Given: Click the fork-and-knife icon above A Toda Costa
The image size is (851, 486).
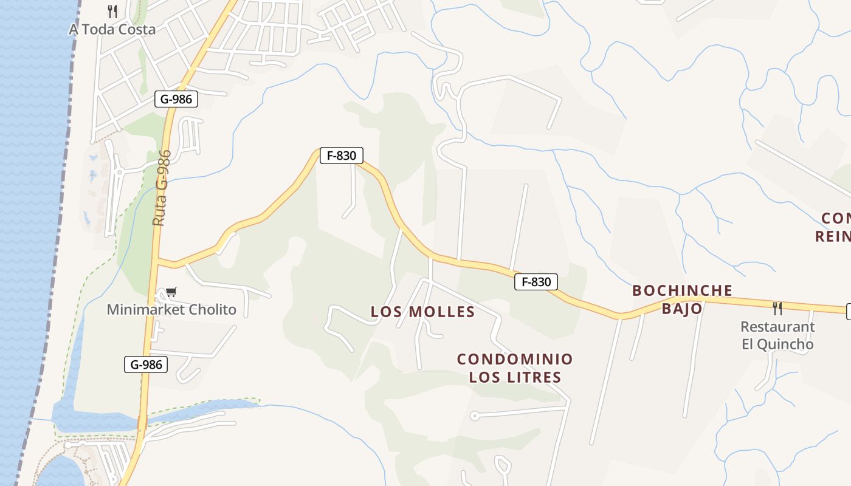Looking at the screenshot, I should coord(112,11).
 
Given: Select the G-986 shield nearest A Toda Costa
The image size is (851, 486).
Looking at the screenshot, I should coord(176,99).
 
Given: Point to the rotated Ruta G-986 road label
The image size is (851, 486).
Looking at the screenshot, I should coord(161,188).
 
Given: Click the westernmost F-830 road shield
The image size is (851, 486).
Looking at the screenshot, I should coord(341,156).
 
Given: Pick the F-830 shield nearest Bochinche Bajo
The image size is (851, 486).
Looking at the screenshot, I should coord(536,282).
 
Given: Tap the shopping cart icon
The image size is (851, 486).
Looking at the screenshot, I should coord(171,292).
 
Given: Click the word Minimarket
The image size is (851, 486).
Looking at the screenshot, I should coord(145,310).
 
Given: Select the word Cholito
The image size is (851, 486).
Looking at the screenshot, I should coord(212,310).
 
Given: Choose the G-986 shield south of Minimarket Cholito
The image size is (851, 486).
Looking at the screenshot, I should coord(146,364).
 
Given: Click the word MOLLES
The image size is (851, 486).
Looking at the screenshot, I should coord(442,312).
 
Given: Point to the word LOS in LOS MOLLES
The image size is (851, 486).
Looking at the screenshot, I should coord(387,312).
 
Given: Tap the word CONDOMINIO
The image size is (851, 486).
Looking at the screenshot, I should coord(515,359).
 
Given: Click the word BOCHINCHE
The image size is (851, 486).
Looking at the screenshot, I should coord(682,290).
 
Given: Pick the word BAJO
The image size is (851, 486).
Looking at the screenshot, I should coord(682,309).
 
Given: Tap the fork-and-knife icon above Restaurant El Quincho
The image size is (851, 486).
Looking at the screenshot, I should coord(777,308).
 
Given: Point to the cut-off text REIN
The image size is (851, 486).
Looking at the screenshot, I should coord(833,236).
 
